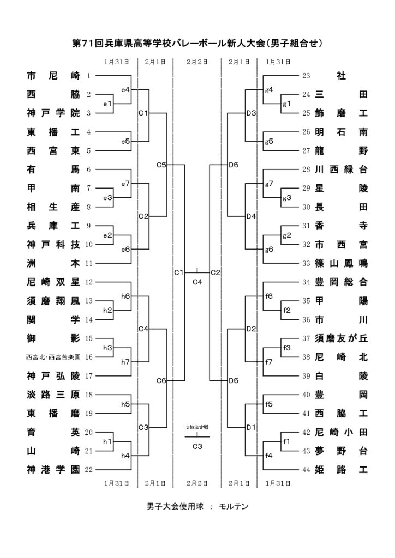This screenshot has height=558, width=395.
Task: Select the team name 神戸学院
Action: click(x=53, y=113)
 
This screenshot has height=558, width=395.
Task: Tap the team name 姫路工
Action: click(x=341, y=469)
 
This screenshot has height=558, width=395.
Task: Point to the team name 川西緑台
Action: click(x=341, y=169)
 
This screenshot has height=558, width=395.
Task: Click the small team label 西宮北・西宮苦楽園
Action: click(x=53, y=357)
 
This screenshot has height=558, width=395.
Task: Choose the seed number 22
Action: click(x=90, y=469)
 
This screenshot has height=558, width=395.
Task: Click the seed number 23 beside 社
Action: click(x=306, y=76)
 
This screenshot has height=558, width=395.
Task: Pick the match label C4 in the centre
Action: click(x=197, y=282)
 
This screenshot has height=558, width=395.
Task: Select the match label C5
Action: click(x=161, y=164)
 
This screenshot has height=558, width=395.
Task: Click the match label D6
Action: click(x=234, y=164)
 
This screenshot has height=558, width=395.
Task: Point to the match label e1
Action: click(x=107, y=103)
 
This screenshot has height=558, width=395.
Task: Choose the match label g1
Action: click(x=286, y=103)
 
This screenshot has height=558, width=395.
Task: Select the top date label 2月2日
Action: click(x=197, y=62)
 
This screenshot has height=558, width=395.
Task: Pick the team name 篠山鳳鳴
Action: click(x=341, y=263)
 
